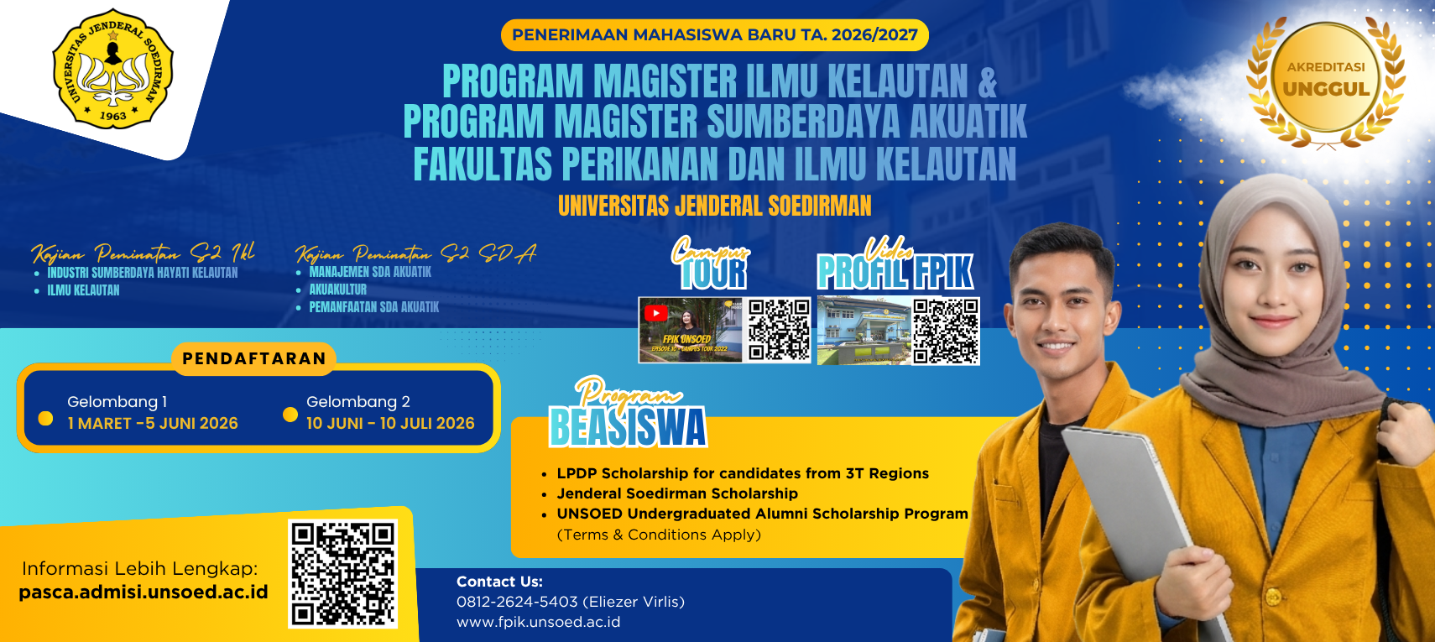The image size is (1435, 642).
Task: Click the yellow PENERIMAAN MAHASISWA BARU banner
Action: [x=715, y=35]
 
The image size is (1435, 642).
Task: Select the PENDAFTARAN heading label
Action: [x=254, y=359]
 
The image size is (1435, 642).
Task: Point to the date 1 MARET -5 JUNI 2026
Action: [x=153, y=424]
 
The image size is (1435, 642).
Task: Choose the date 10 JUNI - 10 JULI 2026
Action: [x=390, y=424]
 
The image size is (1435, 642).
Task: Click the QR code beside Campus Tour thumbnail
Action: [x=778, y=330]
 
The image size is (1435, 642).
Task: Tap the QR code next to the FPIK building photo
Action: [x=946, y=331]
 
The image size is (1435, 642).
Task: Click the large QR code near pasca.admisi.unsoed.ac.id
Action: [x=342, y=573]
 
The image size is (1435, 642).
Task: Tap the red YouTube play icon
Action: [x=655, y=313]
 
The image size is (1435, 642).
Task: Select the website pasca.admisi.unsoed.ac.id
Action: [x=143, y=592]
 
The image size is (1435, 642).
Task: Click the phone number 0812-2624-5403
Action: [x=517, y=602]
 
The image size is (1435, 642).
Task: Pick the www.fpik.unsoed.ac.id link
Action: [x=538, y=622]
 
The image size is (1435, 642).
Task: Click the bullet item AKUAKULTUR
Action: [x=338, y=290]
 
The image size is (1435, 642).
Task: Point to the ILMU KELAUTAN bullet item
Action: [x=83, y=290]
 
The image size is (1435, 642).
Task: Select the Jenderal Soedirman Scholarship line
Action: [x=677, y=493]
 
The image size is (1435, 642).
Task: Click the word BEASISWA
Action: [x=628, y=426]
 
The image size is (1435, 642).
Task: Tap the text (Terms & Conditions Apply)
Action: [x=659, y=535]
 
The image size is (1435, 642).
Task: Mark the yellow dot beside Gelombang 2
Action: [x=290, y=415]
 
